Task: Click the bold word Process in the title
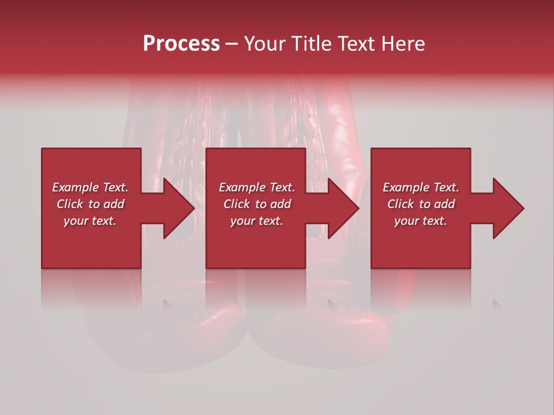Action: click(x=181, y=44)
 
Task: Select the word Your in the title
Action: click(x=265, y=44)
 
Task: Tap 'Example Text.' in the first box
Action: click(x=90, y=187)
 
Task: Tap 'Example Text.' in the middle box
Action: click(x=256, y=187)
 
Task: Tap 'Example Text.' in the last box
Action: click(x=421, y=187)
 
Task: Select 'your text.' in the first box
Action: click(x=90, y=221)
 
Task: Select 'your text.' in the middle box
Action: click(x=256, y=221)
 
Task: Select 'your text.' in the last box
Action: click(x=421, y=221)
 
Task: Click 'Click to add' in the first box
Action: click(x=90, y=204)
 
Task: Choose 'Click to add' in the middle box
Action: click(x=256, y=204)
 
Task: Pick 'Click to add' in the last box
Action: click(x=421, y=204)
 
